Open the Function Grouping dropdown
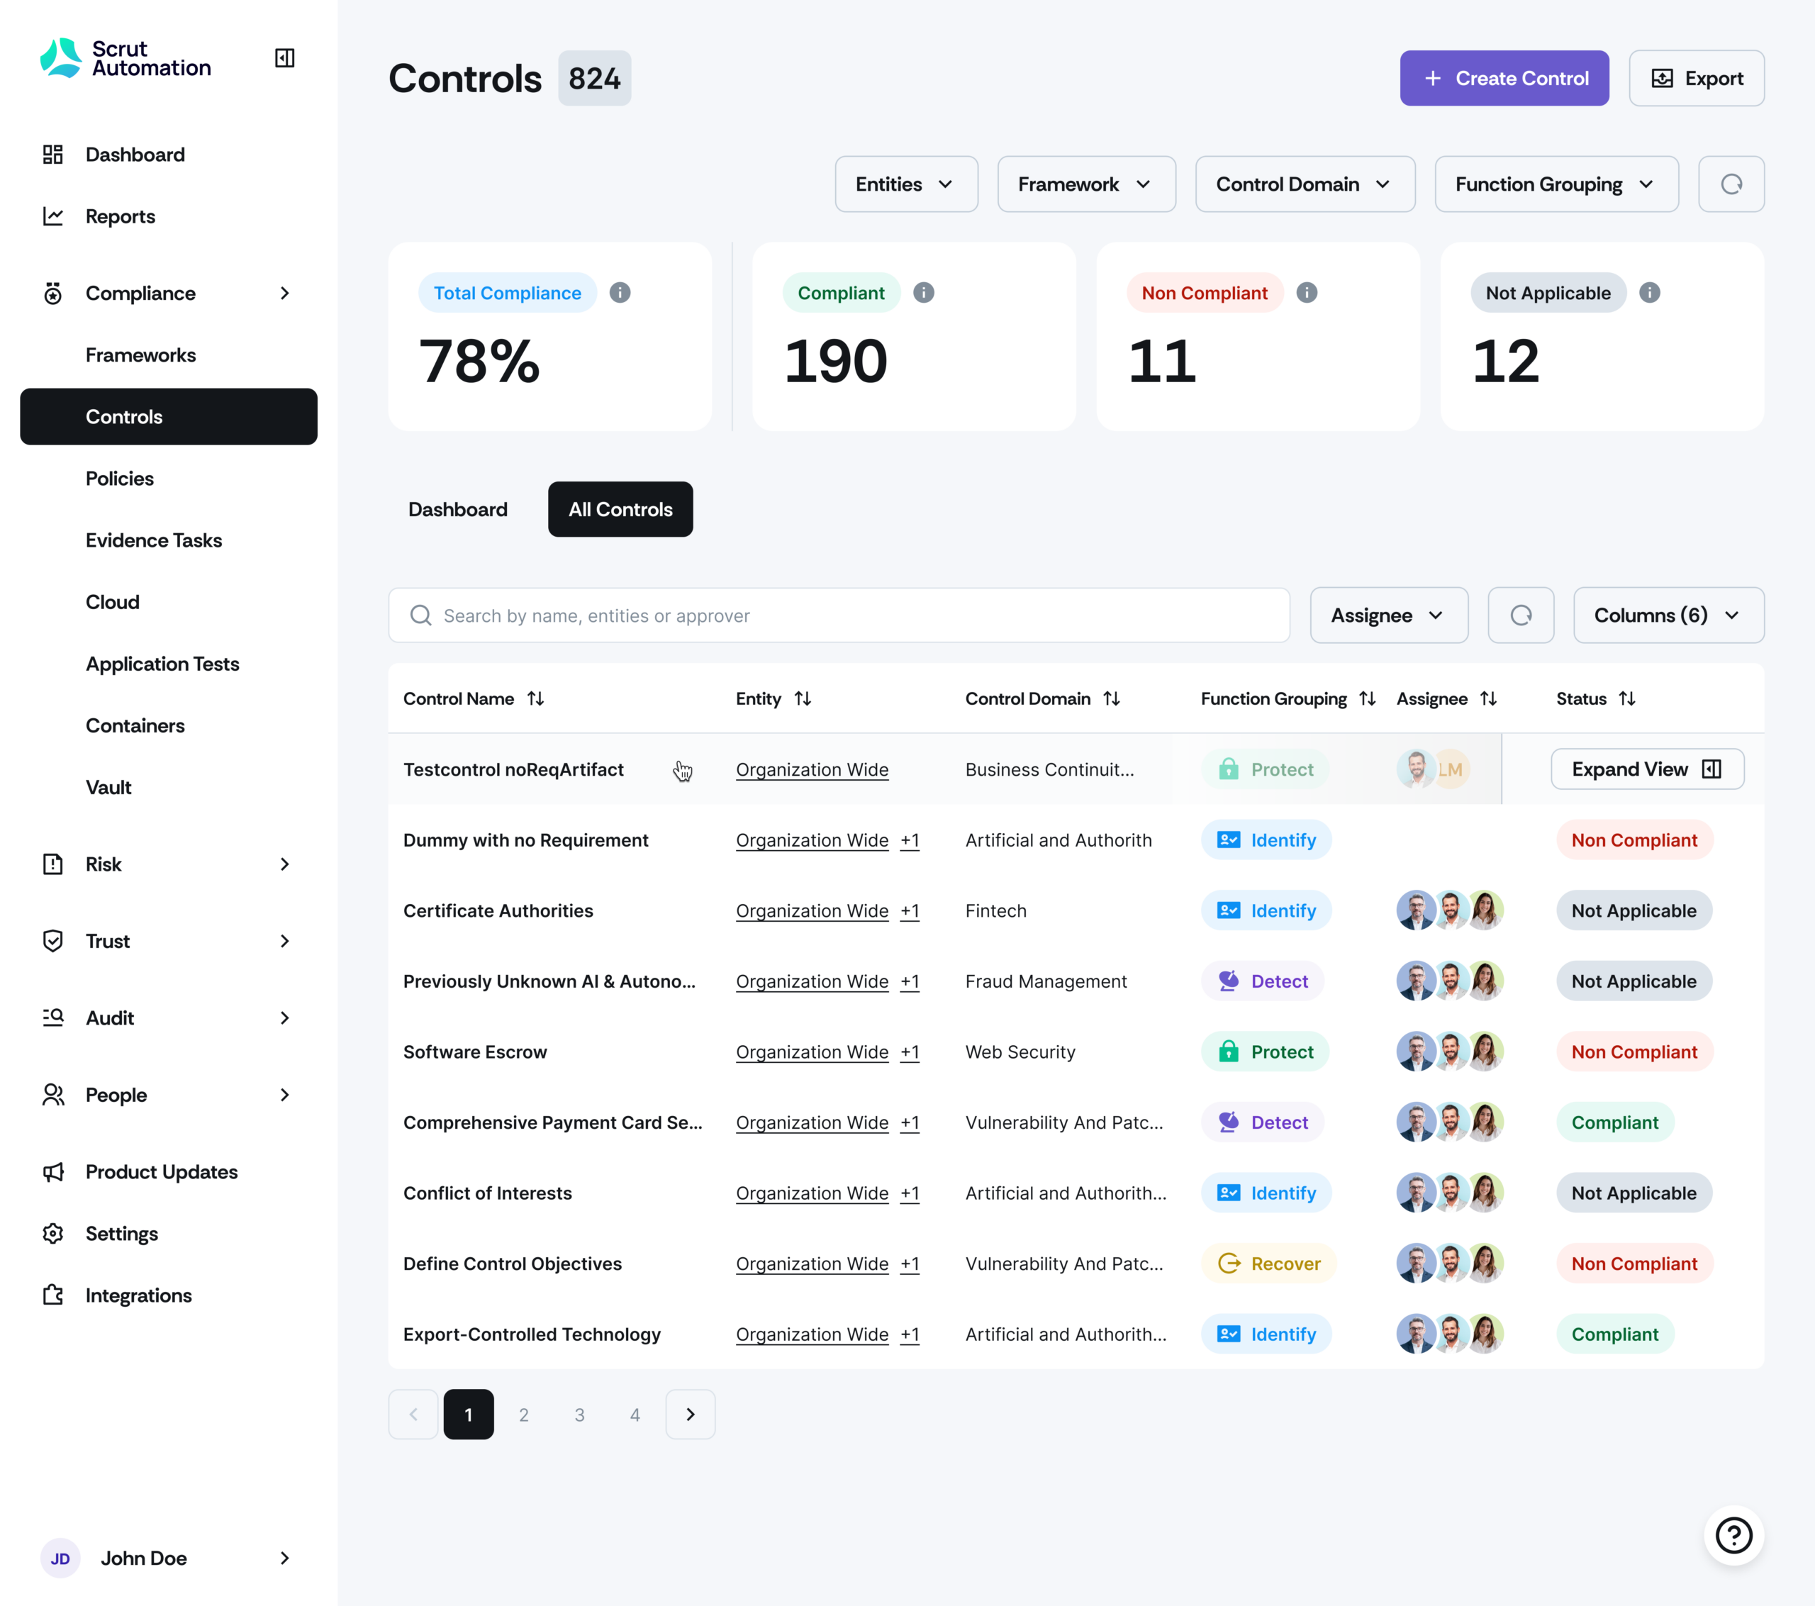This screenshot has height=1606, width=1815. pyautogui.click(x=1556, y=184)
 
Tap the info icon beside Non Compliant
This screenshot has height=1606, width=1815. pyautogui.click(x=1306, y=292)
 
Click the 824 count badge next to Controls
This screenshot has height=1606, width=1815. pyautogui.click(x=594, y=78)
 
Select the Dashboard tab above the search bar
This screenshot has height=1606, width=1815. pyautogui.click(x=457, y=509)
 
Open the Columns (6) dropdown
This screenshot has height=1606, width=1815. pyautogui.click(x=1668, y=615)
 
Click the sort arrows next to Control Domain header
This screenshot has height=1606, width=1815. pyautogui.click(x=1112, y=699)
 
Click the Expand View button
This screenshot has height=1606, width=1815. pyautogui.click(x=1646, y=769)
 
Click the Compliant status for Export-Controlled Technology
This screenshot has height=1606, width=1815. pyautogui.click(x=1614, y=1334)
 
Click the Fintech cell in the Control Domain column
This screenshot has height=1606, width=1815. pyautogui.click(x=995, y=910)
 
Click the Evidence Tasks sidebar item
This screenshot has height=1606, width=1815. pyautogui.click(x=154, y=540)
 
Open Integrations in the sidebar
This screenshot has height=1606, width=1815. pyautogui.click(x=138, y=1295)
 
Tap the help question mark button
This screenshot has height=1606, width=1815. pyautogui.click(x=1733, y=1535)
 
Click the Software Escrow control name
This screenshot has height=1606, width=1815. pyautogui.click(x=475, y=1052)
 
